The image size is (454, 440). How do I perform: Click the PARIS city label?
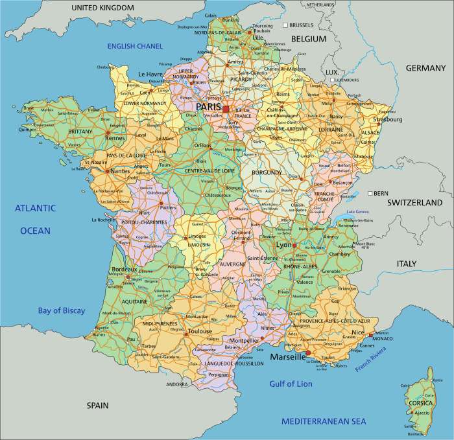pos(208,107)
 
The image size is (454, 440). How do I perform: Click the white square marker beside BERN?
pos(368,193)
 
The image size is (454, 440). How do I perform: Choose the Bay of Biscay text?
pos(61,310)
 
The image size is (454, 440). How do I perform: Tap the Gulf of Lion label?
pos(291,384)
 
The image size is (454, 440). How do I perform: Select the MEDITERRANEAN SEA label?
pos(324,421)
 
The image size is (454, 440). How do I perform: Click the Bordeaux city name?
pos(125,269)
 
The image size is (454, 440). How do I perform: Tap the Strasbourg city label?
pos(387,119)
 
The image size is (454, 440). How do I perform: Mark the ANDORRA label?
pos(177,384)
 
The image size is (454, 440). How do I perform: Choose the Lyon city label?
pos(283,246)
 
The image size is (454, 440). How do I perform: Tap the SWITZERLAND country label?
pos(414,203)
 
